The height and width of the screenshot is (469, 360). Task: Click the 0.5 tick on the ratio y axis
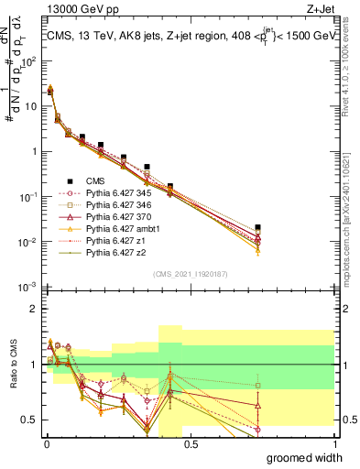tap(29, 420)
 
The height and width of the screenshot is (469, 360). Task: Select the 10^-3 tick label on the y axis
tap(27, 288)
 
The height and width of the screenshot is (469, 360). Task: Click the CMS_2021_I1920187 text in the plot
tap(190, 274)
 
